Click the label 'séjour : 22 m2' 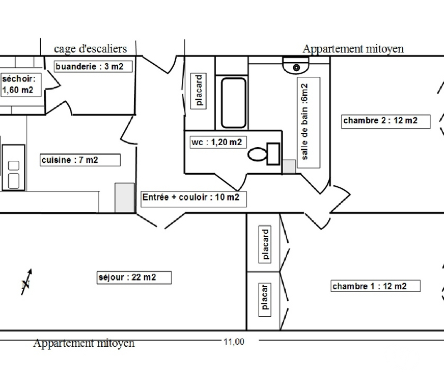tap(134, 277)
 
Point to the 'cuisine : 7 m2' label tap(80, 160)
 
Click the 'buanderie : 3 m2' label tap(89, 66)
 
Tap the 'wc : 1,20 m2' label tap(216, 142)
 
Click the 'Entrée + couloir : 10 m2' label tap(193, 198)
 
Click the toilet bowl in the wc tap(258, 154)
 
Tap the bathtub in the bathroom tap(233, 102)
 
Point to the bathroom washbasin tap(296, 66)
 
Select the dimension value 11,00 tap(234, 342)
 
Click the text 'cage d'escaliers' tap(90, 49)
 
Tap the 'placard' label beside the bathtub tap(199, 91)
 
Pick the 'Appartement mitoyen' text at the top tap(353, 49)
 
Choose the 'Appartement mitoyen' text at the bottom tap(84, 343)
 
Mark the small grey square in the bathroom tap(289, 166)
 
